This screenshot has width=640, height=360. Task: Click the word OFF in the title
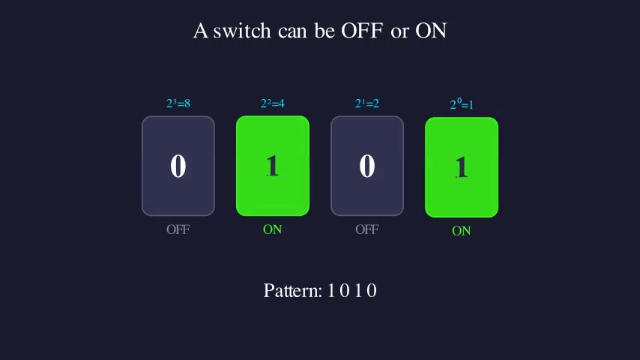(362, 31)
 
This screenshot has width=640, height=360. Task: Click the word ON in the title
(431, 31)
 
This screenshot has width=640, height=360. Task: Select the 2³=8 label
(178, 103)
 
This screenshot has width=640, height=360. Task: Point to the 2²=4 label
(273, 103)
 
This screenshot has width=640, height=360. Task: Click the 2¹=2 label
(367, 103)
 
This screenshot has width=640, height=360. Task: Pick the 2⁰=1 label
(462, 104)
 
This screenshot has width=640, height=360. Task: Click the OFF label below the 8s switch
(178, 229)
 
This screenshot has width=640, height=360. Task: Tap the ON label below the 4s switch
(273, 229)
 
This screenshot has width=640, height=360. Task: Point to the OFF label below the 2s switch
(367, 229)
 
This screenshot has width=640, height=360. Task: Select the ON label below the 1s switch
(462, 231)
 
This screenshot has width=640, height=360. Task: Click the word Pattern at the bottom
(292, 291)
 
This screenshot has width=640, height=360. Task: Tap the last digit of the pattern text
(372, 291)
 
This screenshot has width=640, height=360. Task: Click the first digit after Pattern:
(331, 291)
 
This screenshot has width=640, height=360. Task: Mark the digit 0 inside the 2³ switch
(178, 166)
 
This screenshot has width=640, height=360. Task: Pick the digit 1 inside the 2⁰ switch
(462, 167)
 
